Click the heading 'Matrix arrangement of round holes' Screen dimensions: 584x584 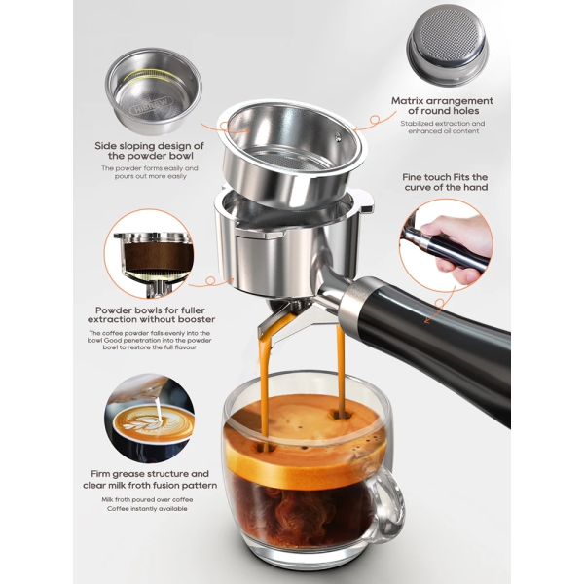tap(442, 106)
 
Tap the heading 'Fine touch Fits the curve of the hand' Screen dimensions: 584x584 tap(443, 181)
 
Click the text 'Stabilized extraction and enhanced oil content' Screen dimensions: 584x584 tap(442, 128)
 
